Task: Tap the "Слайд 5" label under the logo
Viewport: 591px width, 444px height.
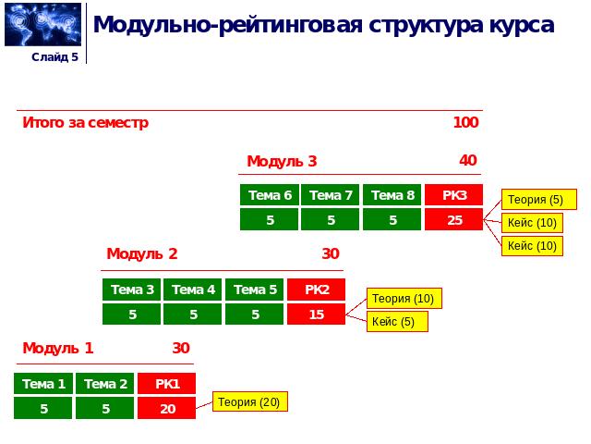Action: pos(54,57)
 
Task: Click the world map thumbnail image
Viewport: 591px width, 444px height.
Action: pos(42,24)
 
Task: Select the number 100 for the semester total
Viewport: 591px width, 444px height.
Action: pos(465,122)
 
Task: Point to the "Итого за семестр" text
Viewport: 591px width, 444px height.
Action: pos(86,122)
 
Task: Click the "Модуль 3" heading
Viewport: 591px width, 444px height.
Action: pos(282,161)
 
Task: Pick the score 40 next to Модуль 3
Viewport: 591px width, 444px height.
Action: pos(468,160)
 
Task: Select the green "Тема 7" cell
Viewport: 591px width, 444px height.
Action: pos(330,195)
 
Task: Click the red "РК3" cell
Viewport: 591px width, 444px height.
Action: pos(453,195)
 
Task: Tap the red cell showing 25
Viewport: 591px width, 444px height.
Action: pos(453,220)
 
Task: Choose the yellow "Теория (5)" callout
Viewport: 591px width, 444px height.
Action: pos(538,200)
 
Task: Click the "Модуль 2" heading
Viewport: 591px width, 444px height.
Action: pos(142,253)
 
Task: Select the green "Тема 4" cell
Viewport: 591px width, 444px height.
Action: pos(193,290)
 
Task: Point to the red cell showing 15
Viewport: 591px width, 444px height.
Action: pos(316,314)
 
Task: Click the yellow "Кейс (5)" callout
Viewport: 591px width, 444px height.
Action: pos(397,322)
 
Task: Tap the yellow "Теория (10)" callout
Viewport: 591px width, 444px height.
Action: pos(404,299)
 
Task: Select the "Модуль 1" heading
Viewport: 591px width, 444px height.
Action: pos(58,348)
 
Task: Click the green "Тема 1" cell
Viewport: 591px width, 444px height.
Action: pos(43,384)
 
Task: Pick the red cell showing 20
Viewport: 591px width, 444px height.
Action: pos(166,408)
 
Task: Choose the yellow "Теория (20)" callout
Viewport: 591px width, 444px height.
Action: pos(249,401)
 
